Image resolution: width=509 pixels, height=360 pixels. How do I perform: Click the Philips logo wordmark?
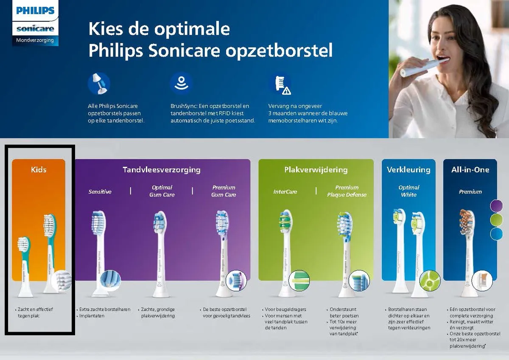coord(35,11)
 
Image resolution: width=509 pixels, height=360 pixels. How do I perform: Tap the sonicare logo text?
coord(35,29)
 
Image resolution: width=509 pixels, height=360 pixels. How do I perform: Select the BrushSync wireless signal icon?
coord(181,83)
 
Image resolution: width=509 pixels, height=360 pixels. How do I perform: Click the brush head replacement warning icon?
coord(280,84)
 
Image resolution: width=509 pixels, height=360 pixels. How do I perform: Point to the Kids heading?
coord(39,170)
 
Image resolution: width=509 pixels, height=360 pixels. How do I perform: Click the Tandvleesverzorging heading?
coord(162,170)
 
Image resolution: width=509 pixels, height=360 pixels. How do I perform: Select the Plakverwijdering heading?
coord(316,170)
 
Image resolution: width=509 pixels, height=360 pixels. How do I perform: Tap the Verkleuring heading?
coord(408,170)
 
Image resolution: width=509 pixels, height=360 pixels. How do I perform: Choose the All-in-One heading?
coord(470,170)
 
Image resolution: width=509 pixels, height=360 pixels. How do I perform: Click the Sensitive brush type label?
coord(100,191)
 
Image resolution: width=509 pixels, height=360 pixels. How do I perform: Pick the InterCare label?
coord(285,191)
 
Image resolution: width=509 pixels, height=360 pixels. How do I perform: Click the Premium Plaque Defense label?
coord(347,191)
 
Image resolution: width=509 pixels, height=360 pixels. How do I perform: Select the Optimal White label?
coord(408,191)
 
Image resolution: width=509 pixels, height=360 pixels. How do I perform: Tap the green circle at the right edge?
coord(496,220)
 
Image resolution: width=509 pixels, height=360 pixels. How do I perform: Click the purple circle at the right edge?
coord(496,206)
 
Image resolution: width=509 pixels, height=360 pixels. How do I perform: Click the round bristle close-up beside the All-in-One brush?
coord(482,280)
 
